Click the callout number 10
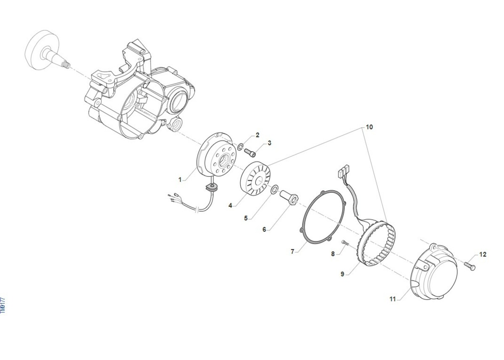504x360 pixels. tap(369, 127)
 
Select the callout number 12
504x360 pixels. tap(483, 255)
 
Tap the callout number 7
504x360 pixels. tap(292, 252)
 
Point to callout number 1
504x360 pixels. tap(180, 180)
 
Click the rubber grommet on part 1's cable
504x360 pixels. tap(212, 187)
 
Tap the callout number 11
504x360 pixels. tap(393, 299)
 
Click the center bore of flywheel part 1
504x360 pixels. tap(223, 161)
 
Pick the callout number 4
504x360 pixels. tap(230, 205)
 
